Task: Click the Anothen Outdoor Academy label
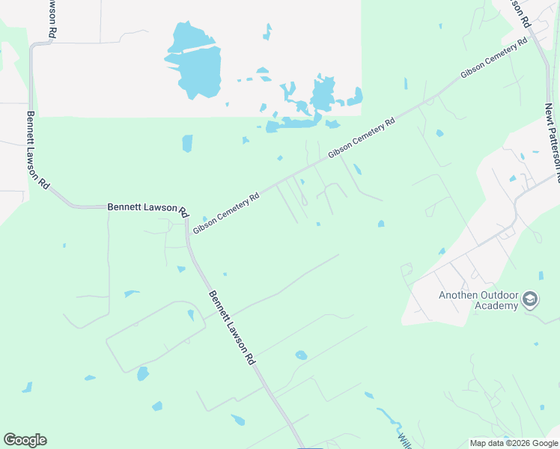point(478,299)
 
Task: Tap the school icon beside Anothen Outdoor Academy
point(530,299)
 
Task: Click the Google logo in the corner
point(25,440)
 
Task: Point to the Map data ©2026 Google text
point(514,443)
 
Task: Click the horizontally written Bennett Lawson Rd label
point(147,207)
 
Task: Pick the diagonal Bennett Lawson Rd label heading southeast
point(231,327)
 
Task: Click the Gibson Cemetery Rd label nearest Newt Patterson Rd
point(489,61)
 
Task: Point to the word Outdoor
point(499,294)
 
